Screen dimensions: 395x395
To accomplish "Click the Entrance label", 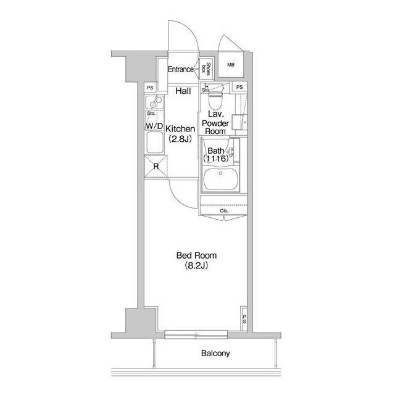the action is tap(181, 69).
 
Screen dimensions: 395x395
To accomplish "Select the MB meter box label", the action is tap(231, 65).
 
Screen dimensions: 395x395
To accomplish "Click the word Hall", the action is tap(183, 91).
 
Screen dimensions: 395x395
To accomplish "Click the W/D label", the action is tap(154, 126).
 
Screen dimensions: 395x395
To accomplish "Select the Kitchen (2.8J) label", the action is tap(180, 134).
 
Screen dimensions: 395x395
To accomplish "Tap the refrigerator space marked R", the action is tap(156, 167).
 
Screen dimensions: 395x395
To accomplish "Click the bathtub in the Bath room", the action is tap(220, 179).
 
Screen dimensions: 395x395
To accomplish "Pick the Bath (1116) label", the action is tap(216, 155).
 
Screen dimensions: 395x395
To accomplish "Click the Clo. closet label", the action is tap(224, 211).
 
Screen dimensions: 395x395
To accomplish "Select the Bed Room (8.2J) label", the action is tap(196, 260).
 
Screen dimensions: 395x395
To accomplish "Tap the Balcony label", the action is tap(215, 353).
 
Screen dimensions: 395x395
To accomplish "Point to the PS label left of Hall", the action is tap(150, 88).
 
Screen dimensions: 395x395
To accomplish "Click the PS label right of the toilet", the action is tap(239, 87).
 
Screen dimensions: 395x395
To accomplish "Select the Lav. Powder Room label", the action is tap(215, 123).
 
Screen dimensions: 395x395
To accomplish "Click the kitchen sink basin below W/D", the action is tap(154, 143).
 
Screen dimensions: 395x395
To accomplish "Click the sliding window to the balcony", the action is tap(196, 335).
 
